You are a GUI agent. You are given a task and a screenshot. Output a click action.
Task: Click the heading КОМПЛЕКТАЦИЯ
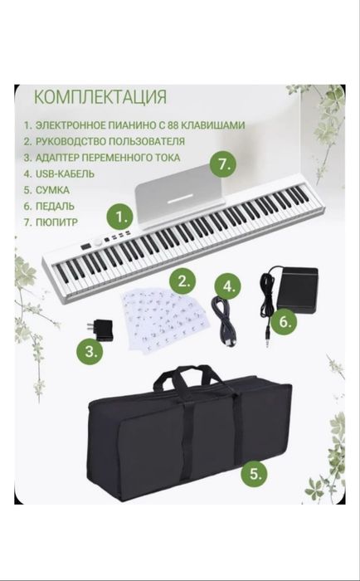pyautogui.click(x=100, y=97)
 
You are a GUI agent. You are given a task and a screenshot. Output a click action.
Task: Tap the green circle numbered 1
pyautogui.click(x=121, y=218)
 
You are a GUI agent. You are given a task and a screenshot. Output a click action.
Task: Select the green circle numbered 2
pyautogui.click(x=187, y=280)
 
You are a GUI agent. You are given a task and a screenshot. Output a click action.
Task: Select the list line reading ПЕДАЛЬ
pyautogui.click(x=51, y=206)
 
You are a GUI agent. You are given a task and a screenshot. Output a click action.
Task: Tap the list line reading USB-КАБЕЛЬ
pyautogui.click(x=60, y=173)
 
